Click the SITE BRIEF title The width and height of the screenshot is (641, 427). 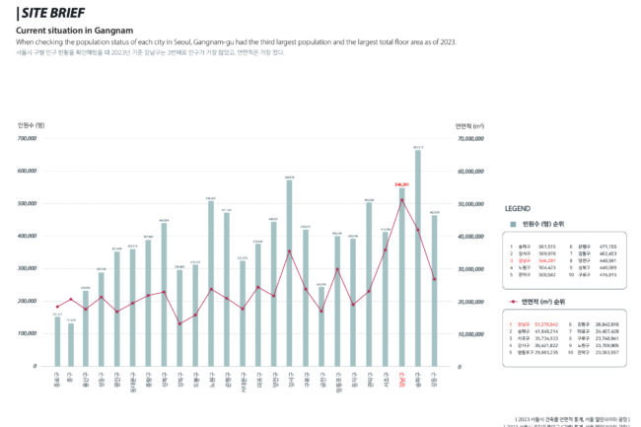(x=50, y=14)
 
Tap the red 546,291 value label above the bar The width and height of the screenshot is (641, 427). (x=401, y=183)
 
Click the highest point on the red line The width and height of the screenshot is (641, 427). (x=402, y=200)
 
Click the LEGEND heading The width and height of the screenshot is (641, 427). (x=518, y=209)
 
